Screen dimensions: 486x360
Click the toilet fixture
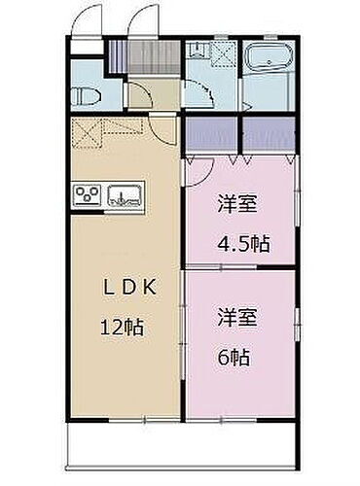coord(84,95)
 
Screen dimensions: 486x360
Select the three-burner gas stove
coord(87,195)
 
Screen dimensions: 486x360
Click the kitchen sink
coord(126,195)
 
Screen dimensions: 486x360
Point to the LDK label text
coord(132,288)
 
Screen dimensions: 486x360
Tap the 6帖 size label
coord(234,356)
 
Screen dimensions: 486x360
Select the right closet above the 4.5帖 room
coord(267,135)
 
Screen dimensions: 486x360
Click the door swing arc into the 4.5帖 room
coord(197,171)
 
